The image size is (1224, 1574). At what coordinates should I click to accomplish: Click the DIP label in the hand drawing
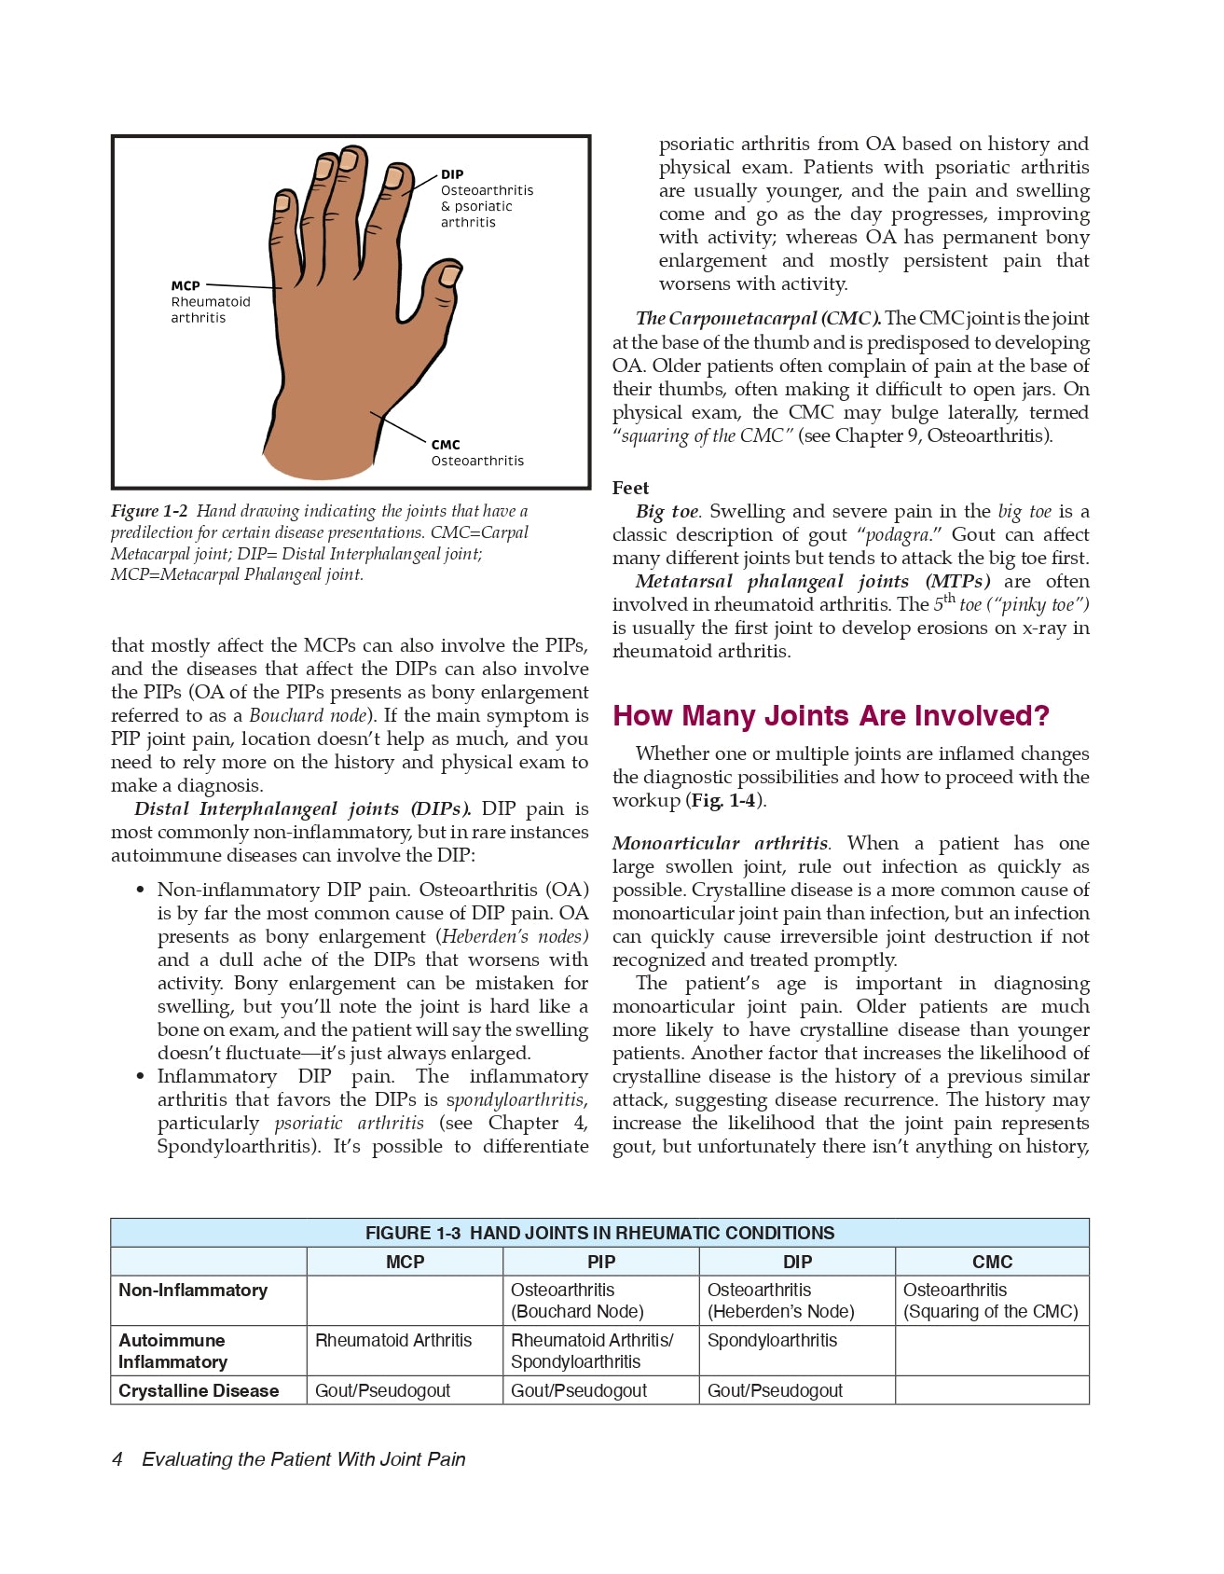[x=452, y=174]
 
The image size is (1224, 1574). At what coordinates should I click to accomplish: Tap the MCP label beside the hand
[x=186, y=285]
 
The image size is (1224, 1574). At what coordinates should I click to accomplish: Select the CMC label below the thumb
[x=446, y=445]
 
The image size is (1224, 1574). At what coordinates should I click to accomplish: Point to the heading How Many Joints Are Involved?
[x=831, y=716]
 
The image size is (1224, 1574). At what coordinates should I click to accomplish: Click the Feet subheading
[x=630, y=488]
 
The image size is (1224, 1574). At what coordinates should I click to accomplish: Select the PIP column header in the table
[x=601, y=1262]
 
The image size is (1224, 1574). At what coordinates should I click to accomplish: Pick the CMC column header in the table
[x=992, y=1262]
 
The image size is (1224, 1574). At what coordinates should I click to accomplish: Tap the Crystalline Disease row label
[x=199, y=1390]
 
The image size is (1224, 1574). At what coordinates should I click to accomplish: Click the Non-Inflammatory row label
[x=193, y=1291]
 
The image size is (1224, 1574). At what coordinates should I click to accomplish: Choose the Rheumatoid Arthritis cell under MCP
[x=393, y=1341]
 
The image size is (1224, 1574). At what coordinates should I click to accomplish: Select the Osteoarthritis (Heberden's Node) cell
[x=780, y=1301]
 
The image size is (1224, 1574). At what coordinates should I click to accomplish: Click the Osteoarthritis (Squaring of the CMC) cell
[x=990, y=1301]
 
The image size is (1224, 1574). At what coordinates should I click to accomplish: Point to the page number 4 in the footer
[x=117, y=1459]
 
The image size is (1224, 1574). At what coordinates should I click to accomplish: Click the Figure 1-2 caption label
[x=149, y=511]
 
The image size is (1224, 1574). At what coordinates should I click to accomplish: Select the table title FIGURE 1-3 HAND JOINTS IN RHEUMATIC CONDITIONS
[x=599, y=1233]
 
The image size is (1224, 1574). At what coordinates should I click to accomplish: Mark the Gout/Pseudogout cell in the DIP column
[x=775, y=1390]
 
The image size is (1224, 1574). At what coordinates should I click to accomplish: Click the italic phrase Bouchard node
[x=309, y=716]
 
